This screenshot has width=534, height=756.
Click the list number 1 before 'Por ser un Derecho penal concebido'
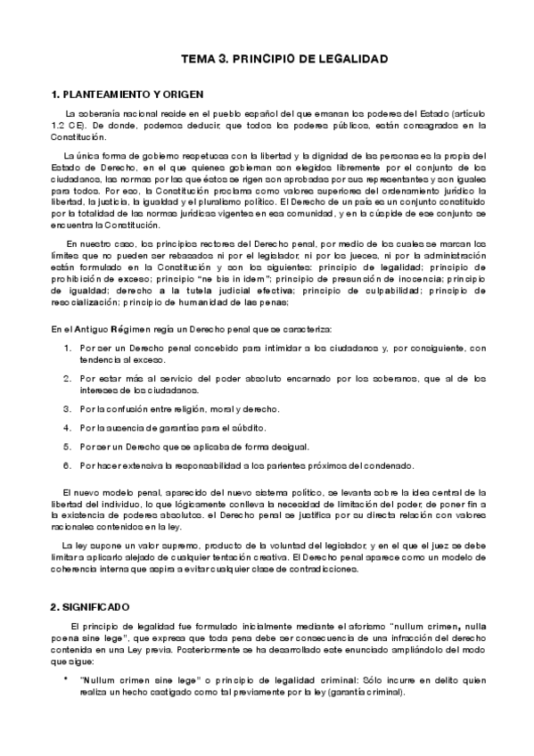pyautogui.click(x=67, y=347)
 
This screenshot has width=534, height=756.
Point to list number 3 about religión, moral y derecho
pyautogui.click(x=67, y=408)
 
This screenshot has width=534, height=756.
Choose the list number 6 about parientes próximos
pyautogui.click(x=67, y=464)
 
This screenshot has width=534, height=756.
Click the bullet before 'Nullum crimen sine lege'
pyautogui.click(x=65, y=679)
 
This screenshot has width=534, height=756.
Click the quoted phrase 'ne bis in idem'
pyautogui.click(x=202, y=277)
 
